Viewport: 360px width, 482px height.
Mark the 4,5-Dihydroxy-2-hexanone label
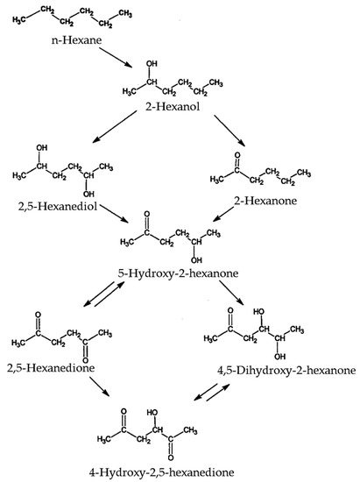(x=286, y=371)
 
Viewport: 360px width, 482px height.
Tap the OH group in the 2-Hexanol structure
(x=152, y=64)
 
